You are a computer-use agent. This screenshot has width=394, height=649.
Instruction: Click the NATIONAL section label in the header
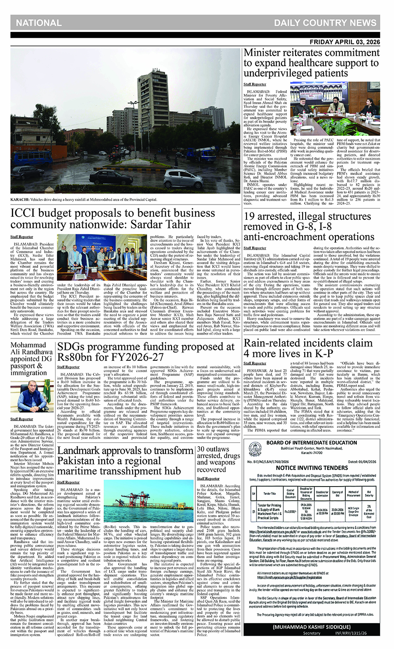pos(39,23)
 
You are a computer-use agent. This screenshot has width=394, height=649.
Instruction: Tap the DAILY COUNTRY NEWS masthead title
pos(325,23)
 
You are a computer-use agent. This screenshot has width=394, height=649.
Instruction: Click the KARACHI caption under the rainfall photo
pos(84,200)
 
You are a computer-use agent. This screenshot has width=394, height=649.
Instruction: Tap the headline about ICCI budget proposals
pos(113,219)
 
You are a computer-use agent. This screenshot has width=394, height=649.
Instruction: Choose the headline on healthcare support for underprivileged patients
pos(311,62)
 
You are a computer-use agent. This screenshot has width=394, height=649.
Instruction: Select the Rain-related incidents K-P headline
pos(308,348)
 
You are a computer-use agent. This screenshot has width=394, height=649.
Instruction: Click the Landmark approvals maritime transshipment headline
pos(125,461)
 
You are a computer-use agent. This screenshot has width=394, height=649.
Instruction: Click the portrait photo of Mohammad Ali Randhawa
pos(32,396)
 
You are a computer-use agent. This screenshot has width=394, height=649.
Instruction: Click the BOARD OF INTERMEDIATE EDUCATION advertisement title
pos(312,443)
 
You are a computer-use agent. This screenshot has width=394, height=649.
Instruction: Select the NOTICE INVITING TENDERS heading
pos(312,468)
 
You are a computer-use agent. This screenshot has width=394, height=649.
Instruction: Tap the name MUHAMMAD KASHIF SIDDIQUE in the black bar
pos(311,627)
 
